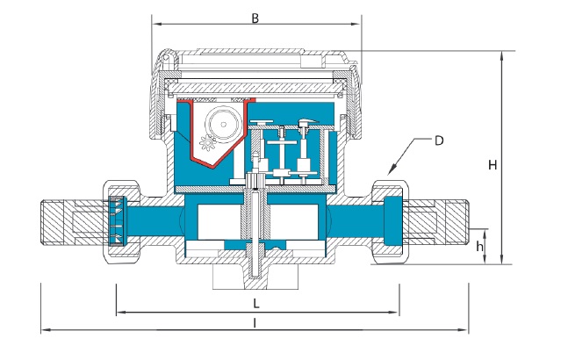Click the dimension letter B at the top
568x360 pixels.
(255, 18)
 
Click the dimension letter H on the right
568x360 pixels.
(493, 165)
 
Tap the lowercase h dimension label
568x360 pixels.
(479, 246)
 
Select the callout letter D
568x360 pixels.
(439, 140)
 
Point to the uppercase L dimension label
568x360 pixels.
(256, 303)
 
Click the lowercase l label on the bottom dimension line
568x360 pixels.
(255, 323)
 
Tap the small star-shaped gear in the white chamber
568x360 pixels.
(207, 142)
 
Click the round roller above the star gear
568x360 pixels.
(224, 124)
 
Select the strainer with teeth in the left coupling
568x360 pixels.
(117, 220)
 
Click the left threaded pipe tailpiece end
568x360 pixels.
(58, 221)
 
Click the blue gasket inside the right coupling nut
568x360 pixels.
(393, 221)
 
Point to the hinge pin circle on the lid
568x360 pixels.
(166, 57)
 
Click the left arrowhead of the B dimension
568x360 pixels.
(156, 25)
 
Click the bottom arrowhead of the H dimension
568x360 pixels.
(501, 260)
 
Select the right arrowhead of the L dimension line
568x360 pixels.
(394, 312)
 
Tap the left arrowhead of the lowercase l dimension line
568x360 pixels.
(46, 330)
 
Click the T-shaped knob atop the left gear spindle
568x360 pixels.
(262, 122)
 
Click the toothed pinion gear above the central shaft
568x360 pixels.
(255, 180)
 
